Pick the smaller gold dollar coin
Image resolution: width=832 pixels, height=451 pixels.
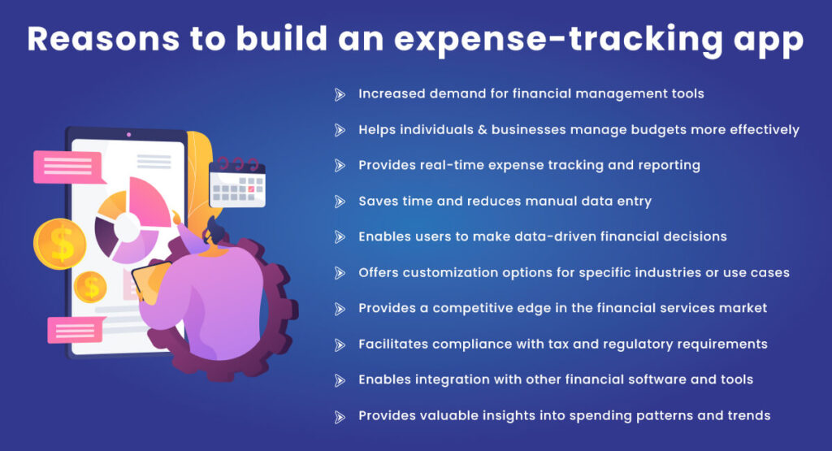89,286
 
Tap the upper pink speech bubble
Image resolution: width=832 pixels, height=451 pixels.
67,167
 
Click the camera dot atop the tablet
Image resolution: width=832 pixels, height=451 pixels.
128,134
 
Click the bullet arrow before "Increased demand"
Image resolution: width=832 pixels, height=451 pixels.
340,94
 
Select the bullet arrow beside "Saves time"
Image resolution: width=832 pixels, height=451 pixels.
340,202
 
